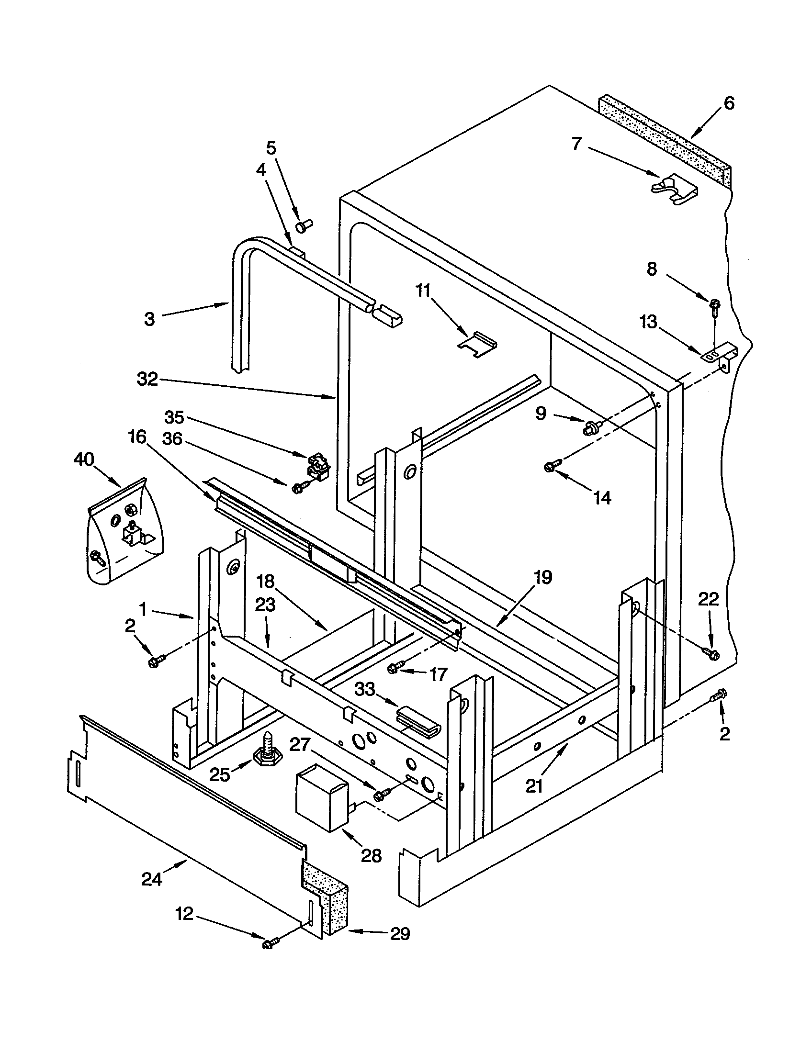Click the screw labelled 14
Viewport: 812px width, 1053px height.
coord(551,466)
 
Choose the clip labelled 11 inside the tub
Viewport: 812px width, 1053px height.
coord(477,344)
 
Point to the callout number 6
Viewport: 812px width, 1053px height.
coord(729,103)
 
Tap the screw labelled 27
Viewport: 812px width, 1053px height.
coord(381,794)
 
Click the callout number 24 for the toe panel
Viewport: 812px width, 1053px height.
coord(151,879)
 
